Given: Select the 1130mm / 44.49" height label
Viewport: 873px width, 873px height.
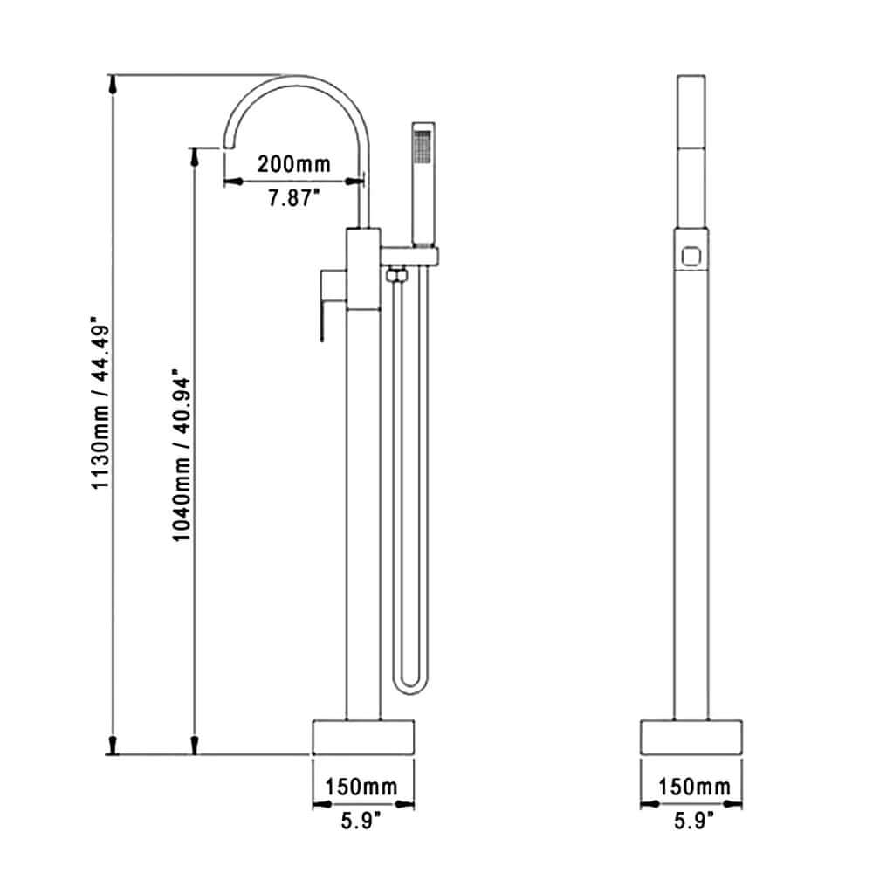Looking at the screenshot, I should [104, 415].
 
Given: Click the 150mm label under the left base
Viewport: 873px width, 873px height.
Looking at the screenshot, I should [361, 787].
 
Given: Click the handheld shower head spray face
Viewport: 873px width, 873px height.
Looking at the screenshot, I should [422, 147].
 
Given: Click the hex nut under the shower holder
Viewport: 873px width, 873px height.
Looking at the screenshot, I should [395, 275].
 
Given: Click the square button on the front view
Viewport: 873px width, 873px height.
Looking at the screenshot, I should [691, 256].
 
